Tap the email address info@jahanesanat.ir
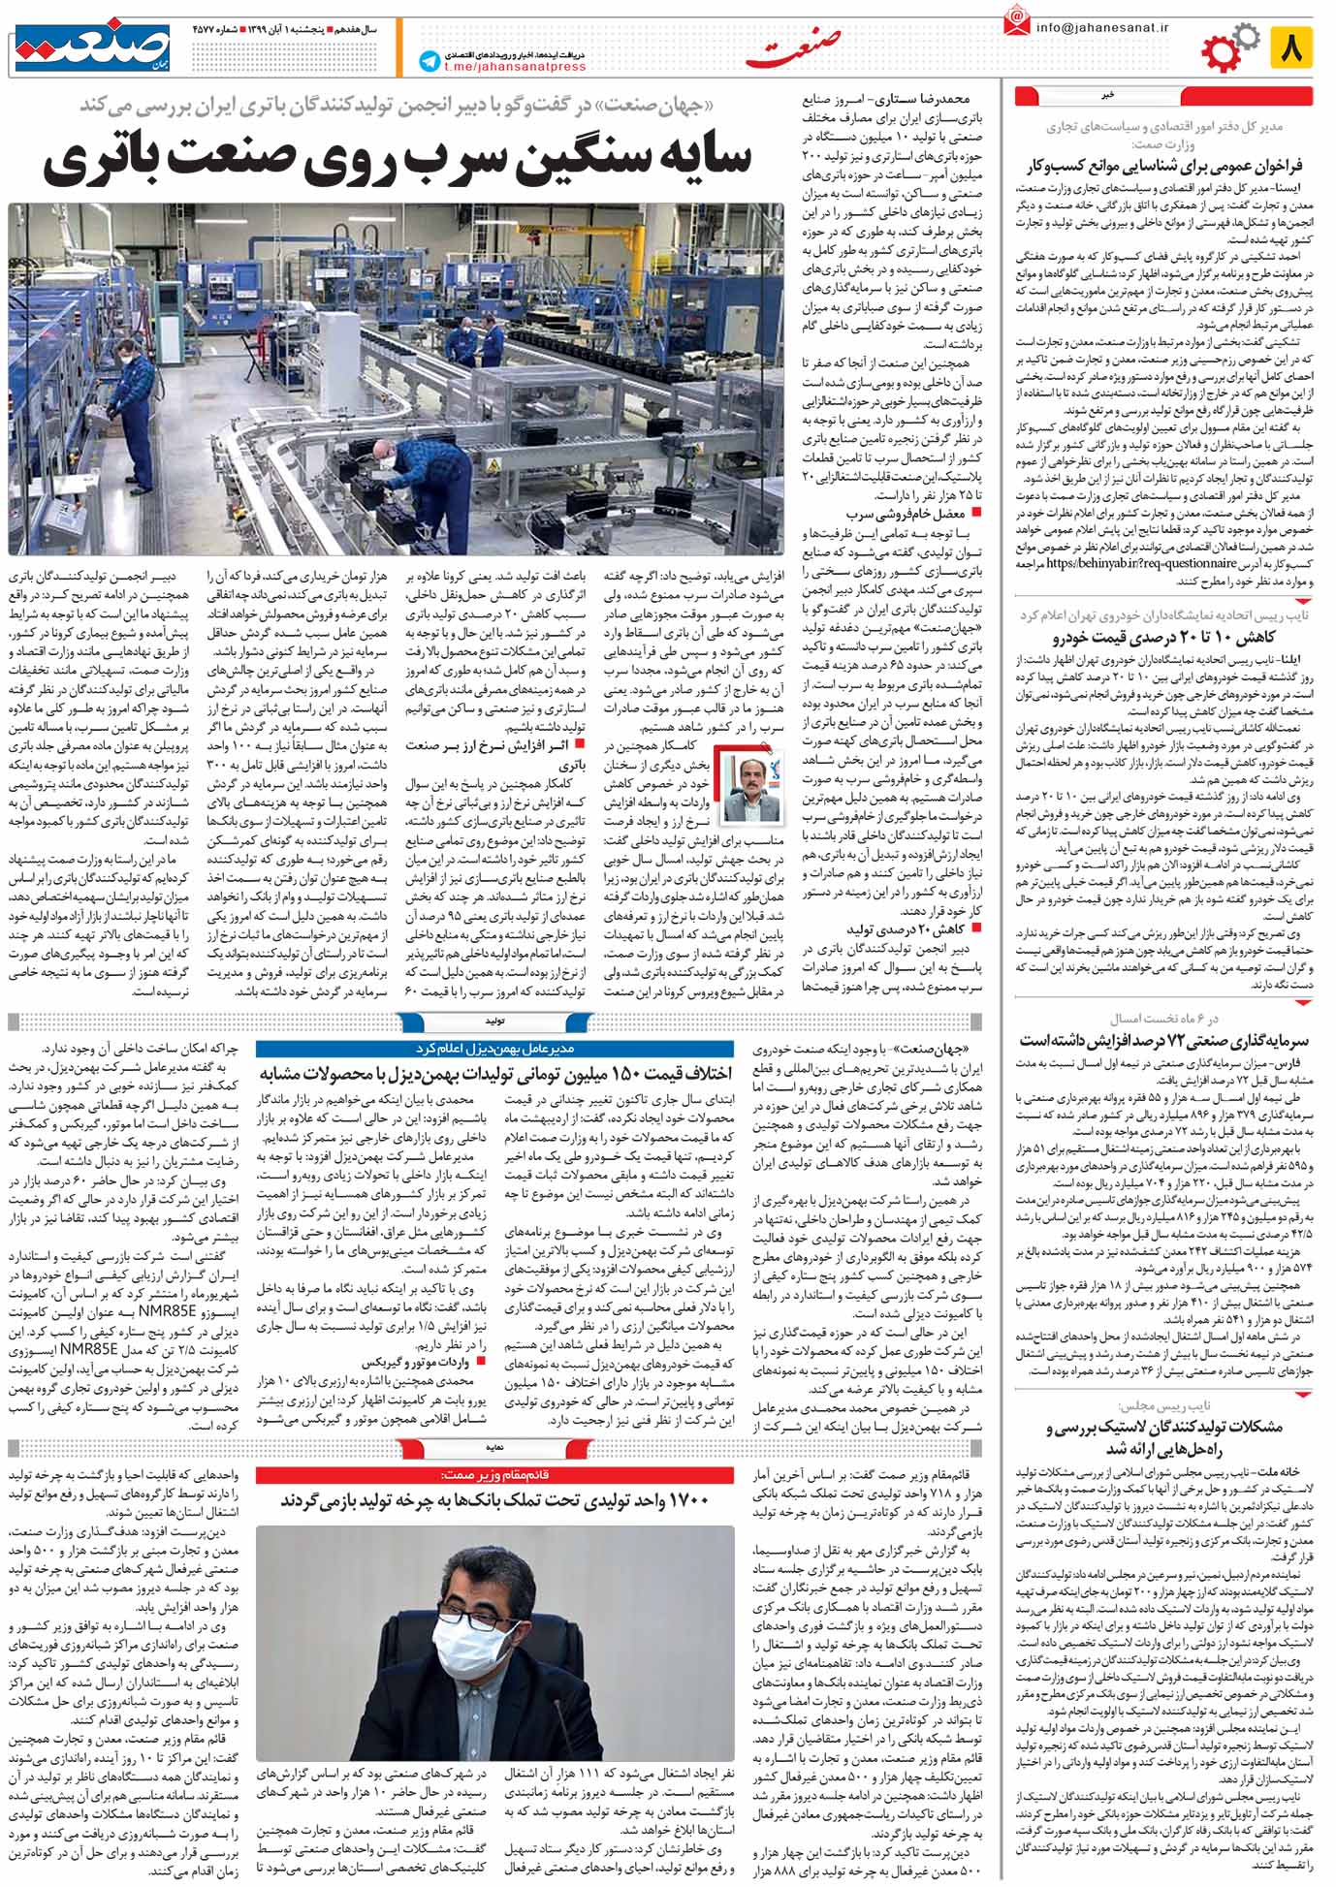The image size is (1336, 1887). [1102, 29]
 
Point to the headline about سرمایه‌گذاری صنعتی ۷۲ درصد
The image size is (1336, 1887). [1162, 1040]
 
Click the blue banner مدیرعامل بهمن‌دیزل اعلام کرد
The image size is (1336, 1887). [494, 1049]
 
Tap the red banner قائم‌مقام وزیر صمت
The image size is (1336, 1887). [494, 1475]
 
